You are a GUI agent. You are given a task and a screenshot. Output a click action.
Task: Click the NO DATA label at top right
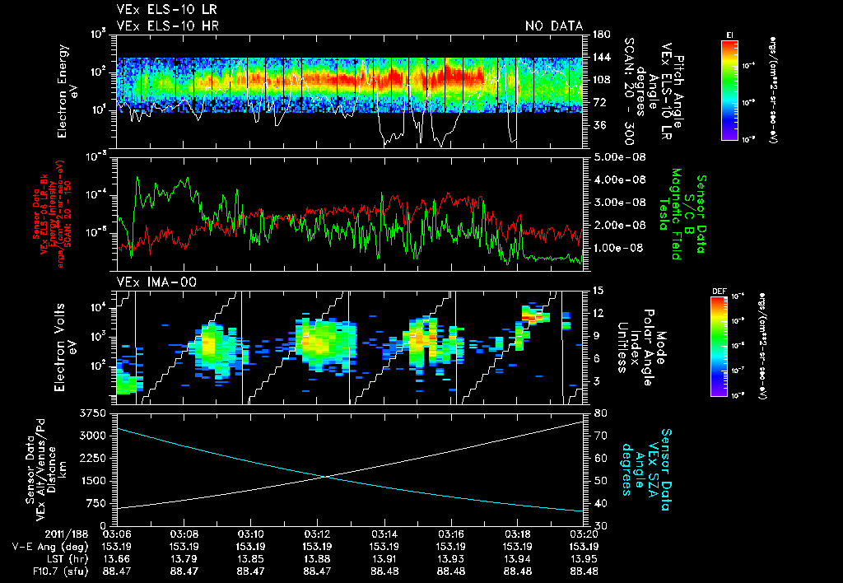point(554,26)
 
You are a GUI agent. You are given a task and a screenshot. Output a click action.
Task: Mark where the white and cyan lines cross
point(326,476)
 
